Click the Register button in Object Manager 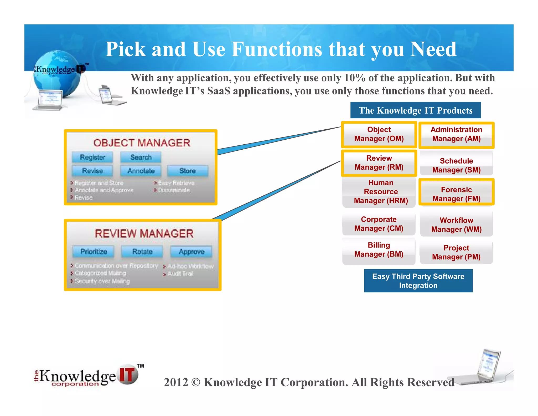(x=92, y=157)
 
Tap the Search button (x=141, y=157)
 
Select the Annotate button (x=141, y=171)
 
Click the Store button (x=187, y=171)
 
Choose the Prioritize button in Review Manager (x=94, y=252)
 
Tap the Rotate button (x=142, y=252)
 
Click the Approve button (x=191, y=252)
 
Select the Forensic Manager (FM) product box (x=456, y=194)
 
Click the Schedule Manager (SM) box (x=456, y=165)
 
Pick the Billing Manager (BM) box (x=379, y=250)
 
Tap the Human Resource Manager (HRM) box (x=381, y=191)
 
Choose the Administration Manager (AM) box (x=456, y=134)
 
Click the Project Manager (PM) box (x=456, y=252)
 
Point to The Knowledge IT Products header (x=415, y=110)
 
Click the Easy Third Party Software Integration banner (x=418, y=281)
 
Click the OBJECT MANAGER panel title (x=142, y=143)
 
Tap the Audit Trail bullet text (x=180, y=274)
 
